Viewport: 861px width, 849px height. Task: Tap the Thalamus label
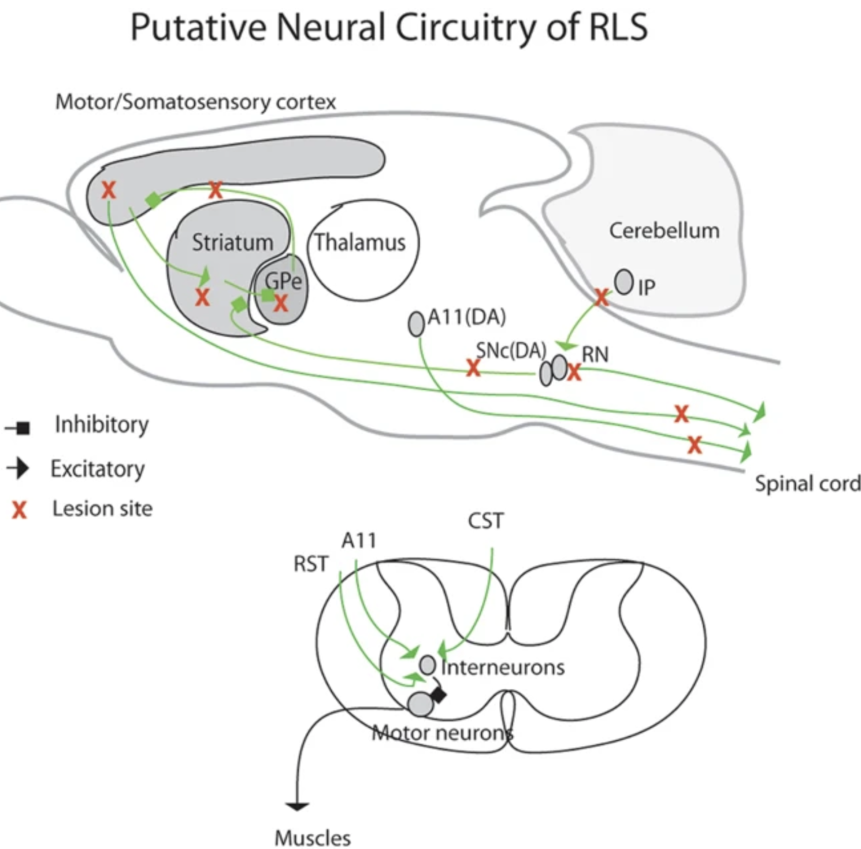(x=359, y=242)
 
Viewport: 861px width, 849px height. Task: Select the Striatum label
(x=232, y=242)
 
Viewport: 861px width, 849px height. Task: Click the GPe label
(x=283, y=280)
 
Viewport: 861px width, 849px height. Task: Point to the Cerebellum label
(x=664, y=230)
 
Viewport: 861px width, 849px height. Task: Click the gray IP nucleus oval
(x=624, y=282)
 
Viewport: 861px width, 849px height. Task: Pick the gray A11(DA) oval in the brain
(x=416, y=324)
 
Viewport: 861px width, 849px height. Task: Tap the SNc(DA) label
(x=511, y=350)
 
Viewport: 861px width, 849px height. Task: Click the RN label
(x=595, y=353)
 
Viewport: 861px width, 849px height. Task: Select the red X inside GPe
(x=281, y=302)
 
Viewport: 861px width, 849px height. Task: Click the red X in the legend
(x=20, y=510)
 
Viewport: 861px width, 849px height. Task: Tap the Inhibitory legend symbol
(x=18, y=429)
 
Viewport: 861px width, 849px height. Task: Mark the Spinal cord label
(x=807, y=483)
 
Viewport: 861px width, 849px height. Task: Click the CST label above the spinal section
(x=485, y=521)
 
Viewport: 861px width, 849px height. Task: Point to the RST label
(x=311, y=563)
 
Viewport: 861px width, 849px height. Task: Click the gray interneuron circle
(x=428, y=665)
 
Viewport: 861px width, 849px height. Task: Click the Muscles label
(x=313, y=837)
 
